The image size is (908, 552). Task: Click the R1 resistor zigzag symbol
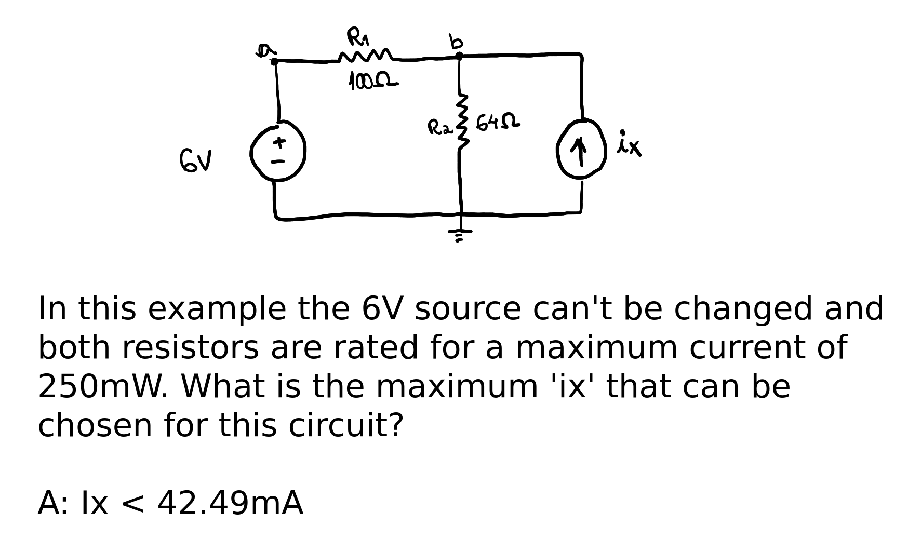366,56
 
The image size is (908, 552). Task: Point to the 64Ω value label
498,123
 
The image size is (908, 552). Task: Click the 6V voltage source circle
278,151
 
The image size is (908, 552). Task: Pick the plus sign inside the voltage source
279,141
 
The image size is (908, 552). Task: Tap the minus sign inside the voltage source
279,162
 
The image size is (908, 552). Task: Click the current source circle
582,149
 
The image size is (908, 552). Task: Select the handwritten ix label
629,144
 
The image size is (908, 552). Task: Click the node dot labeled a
274,62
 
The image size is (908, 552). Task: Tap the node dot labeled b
459,55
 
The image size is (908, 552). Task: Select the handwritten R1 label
357,37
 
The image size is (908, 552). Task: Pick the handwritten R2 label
439,127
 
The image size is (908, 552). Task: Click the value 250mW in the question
103,386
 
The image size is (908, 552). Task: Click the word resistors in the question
190,347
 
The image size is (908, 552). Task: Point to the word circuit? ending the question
345,425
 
